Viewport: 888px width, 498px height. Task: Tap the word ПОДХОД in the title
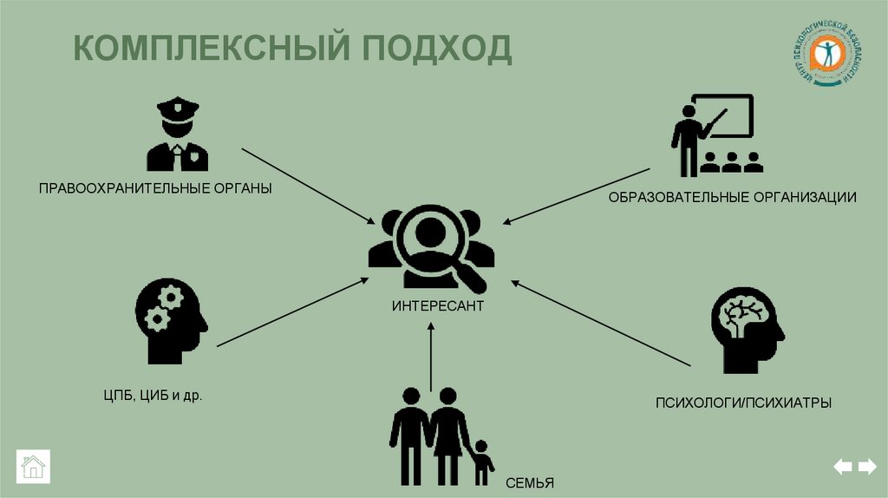tap(437, 49)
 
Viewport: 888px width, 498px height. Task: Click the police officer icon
tap(177, 134)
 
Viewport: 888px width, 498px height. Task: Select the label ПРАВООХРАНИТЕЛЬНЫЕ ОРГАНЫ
tap(155, 187)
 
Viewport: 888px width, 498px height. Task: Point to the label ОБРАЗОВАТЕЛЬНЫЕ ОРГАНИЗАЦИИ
tap(732, 198)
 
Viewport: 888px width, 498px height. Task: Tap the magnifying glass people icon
tap(431, 247)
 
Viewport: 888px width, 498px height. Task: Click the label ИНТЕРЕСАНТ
tap(437, 307)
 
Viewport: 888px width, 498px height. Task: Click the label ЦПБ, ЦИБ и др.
tap(153, 396)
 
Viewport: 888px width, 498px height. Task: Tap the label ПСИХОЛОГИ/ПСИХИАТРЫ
tap(743, 403)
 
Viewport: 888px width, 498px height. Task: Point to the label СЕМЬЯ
tap(527, 483)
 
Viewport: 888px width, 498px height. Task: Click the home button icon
tap(33, 466)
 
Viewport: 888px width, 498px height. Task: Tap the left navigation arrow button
tap(842, 467)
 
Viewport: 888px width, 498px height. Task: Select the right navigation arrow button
tap(867, 467)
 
